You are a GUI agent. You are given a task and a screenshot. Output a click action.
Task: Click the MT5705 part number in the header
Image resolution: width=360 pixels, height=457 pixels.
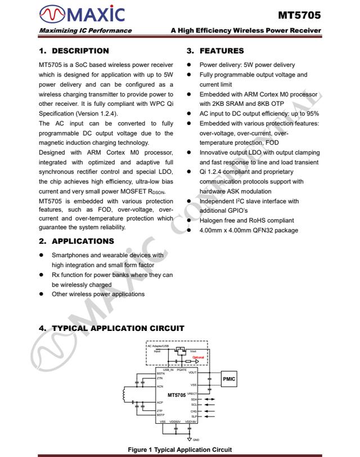[x=299, y=15]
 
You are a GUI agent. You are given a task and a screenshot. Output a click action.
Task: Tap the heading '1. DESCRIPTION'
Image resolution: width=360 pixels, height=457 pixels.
[x=74, y=51]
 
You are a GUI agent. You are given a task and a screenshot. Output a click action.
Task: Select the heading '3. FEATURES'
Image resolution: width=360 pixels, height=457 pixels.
[x=215, y=51]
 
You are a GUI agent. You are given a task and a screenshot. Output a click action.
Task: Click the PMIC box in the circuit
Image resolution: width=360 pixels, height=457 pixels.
[x=229, y=379]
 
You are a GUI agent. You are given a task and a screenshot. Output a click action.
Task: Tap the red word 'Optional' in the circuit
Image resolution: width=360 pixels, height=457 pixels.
[x=198, y=357]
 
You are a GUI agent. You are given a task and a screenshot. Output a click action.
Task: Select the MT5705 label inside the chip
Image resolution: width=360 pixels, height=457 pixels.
[x=176, y=395]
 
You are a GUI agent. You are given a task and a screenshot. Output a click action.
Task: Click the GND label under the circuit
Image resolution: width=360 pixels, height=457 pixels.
[x=196, y=440]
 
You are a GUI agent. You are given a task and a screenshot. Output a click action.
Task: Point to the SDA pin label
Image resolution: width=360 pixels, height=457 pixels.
[x=193, y=399]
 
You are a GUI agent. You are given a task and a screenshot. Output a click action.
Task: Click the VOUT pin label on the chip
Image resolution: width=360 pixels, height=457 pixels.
[x=192, y=373]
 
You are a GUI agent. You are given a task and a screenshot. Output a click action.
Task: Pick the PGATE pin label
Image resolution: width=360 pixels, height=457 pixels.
[x=182, y=369]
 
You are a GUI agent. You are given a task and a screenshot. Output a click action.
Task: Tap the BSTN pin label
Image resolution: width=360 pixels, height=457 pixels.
[x=161, y=373]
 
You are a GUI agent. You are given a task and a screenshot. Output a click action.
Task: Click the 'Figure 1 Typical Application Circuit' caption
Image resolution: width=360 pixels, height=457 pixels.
[x=179, y=450]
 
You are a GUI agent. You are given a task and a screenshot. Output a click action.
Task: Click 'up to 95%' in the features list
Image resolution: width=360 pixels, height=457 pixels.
[x=304, y=114]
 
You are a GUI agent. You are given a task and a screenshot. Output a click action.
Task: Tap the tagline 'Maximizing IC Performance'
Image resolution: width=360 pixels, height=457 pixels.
[x=85, y=30]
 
